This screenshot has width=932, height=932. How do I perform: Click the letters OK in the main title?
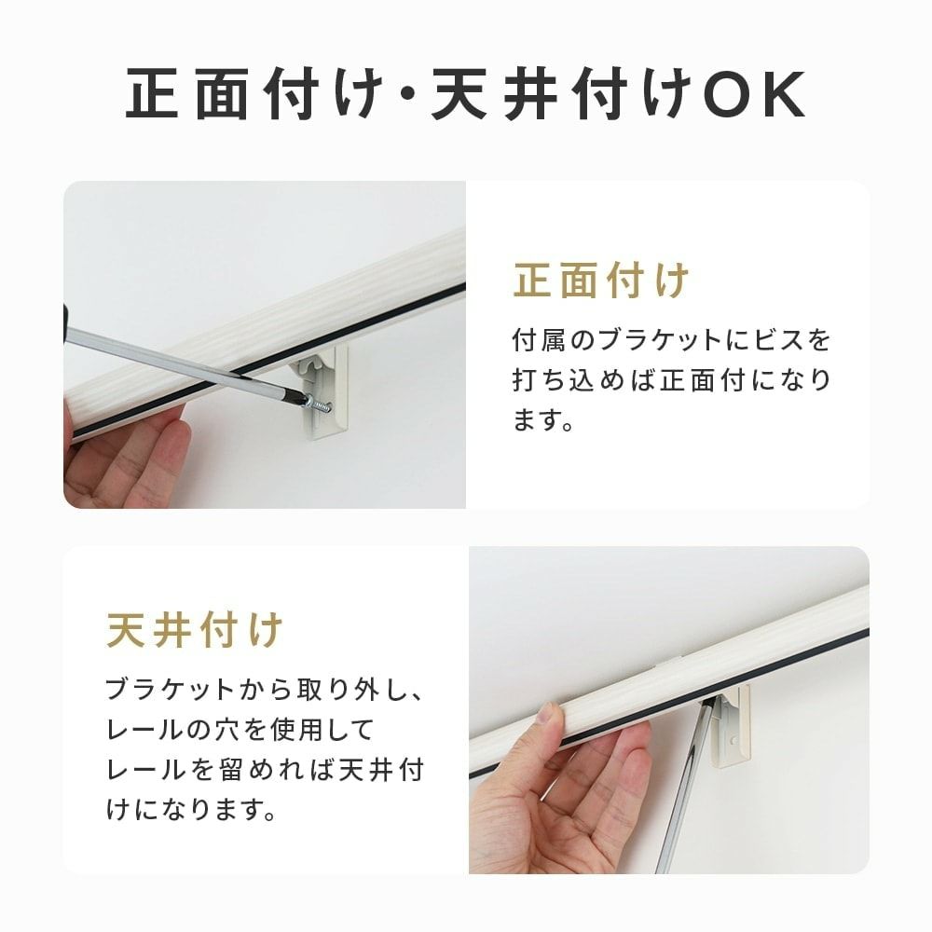(754, 94)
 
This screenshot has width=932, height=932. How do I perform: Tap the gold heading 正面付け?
(601, 280)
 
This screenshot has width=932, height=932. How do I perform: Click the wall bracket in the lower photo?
(731, 725)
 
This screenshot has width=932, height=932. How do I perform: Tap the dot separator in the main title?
(408, 95)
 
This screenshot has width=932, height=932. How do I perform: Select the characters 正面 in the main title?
(187, 94)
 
